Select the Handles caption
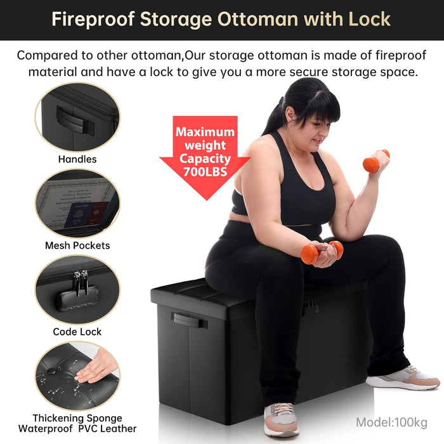click(77, 159)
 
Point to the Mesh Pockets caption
click(77, 245)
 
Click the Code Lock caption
click(77, 332)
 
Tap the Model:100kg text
click(391, 422)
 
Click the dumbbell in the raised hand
click(374, 162)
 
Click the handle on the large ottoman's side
click(189, 320)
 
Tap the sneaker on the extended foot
click(403, 378)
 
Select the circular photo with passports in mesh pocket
click(77, 204)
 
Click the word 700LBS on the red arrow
click(197, 171)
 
